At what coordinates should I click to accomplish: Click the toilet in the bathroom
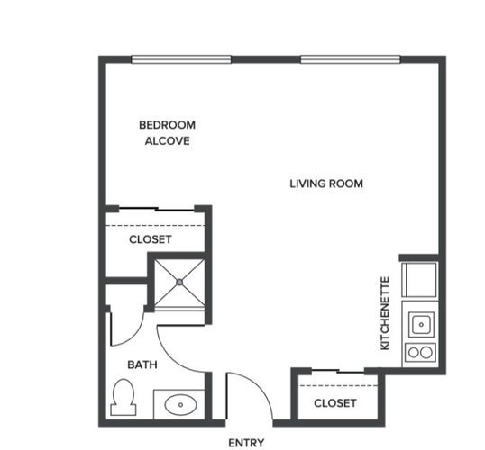tap(124, 397)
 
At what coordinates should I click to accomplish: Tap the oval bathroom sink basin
tap(180, 404)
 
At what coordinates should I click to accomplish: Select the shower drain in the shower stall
tap(179, 282)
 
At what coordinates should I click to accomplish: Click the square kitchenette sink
tap(421, 325)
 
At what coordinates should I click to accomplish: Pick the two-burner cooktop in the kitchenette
tap(420, 353)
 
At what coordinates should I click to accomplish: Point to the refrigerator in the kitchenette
tap(419, 280)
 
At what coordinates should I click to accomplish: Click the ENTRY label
tap(246, 443)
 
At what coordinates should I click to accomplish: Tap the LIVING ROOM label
tap(326, 184)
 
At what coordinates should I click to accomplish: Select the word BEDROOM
tap(167, 125)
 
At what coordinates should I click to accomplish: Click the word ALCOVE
tap(168, 141)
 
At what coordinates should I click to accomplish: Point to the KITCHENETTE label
tap(385, 313)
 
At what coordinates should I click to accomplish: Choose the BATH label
tap(142, 364)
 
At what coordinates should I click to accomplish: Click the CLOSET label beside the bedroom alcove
tap(151, 239)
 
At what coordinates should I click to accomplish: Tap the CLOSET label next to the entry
tap(335, 403)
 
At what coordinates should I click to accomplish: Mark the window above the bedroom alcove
tap(181, 59)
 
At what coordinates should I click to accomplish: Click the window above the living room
tap(351, 59)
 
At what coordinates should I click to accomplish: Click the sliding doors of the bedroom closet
tap(157, 210)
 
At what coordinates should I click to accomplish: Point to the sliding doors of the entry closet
tap(338, 371)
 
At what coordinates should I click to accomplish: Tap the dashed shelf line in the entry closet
tap(338, 385)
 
